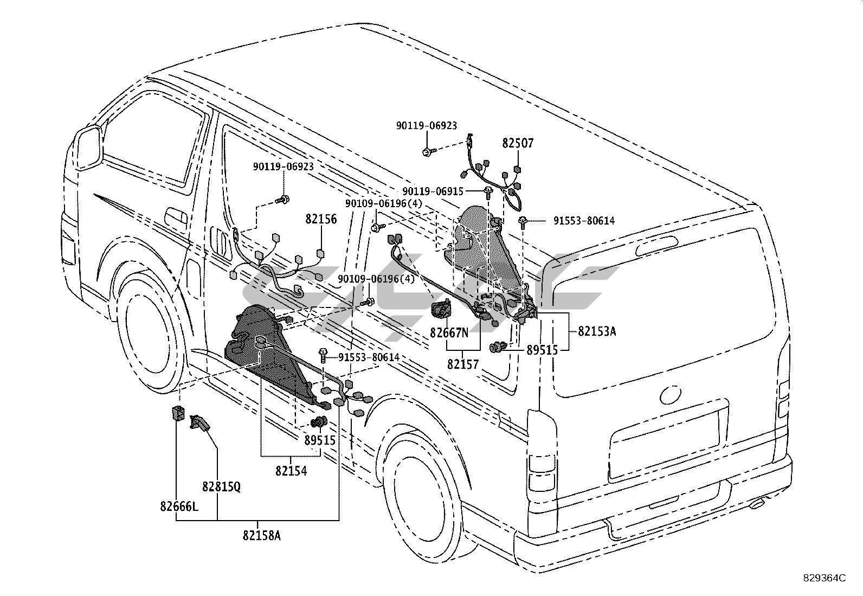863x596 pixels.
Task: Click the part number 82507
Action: (x=518, y=144)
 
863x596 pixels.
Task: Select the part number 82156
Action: (x=321, y=220)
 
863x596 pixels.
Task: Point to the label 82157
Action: (x=463, y=364)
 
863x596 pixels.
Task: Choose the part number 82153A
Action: (x=596, y=331)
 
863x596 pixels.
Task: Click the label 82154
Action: (x=291, y=471)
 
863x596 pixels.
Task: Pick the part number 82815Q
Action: (x=221, y=486)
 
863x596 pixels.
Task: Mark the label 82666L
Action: (x=179, y=507)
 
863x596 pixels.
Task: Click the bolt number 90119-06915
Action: (x=433, y=191)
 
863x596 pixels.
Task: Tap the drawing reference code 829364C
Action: (x=825, y=578)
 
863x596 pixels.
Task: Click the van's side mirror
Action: (x=89, y=145)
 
